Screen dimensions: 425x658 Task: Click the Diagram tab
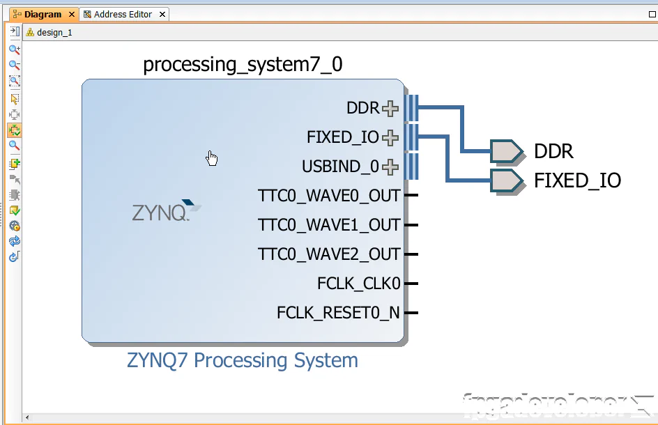[42, 14]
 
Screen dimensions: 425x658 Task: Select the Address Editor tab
[123, 14]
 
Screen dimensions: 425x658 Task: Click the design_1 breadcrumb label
[54, 32]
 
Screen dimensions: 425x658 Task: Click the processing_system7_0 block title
[243, 65]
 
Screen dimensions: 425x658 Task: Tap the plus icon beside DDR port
[390, 109]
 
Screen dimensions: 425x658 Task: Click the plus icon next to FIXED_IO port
[390, 138]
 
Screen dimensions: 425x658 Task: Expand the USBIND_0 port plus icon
[390, 167]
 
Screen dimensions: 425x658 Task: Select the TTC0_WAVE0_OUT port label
[328, 196]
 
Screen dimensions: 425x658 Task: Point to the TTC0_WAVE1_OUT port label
[328, 225]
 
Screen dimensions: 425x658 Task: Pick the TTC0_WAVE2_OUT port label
[328, 254]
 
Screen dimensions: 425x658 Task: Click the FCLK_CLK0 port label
[358, 284]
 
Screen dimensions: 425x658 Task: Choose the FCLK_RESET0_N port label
[338, 313]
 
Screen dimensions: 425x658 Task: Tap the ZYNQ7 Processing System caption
[242, 360]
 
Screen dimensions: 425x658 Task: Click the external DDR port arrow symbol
[506, 151]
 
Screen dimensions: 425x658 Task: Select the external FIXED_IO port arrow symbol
[506, 180]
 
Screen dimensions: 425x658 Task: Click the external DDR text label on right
[553, 151]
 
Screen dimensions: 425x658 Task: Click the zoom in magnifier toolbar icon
[14, 49]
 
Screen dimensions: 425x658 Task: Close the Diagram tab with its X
[72, 15]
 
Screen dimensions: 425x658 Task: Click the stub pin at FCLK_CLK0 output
[411, 284]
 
